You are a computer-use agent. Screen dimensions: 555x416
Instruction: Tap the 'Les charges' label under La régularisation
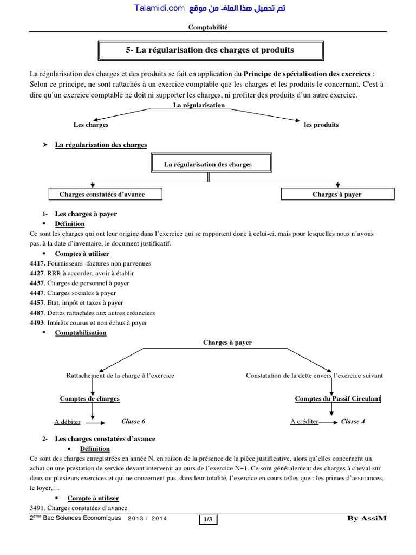point(91,125)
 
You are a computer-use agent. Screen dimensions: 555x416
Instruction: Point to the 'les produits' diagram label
point(321,125)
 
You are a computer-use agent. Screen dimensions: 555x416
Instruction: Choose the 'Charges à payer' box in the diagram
point(337,195)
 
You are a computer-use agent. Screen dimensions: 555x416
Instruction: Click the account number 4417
point(37,263)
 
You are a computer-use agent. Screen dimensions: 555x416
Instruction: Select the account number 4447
point(37,293)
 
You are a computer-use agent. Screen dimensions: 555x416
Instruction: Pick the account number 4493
point(37,322)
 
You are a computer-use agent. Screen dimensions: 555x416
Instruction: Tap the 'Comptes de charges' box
point(89,399)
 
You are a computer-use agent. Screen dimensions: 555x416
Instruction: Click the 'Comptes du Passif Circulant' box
point(337,399)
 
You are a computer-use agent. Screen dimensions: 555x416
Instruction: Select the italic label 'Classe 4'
point(353,422)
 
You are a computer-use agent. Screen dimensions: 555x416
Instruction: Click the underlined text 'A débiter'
point(68,422)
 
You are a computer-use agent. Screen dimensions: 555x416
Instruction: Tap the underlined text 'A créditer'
point(304,422)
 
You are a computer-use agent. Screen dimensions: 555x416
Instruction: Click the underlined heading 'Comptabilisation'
point(81,333)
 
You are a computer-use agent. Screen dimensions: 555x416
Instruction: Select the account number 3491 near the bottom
point(38,508)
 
